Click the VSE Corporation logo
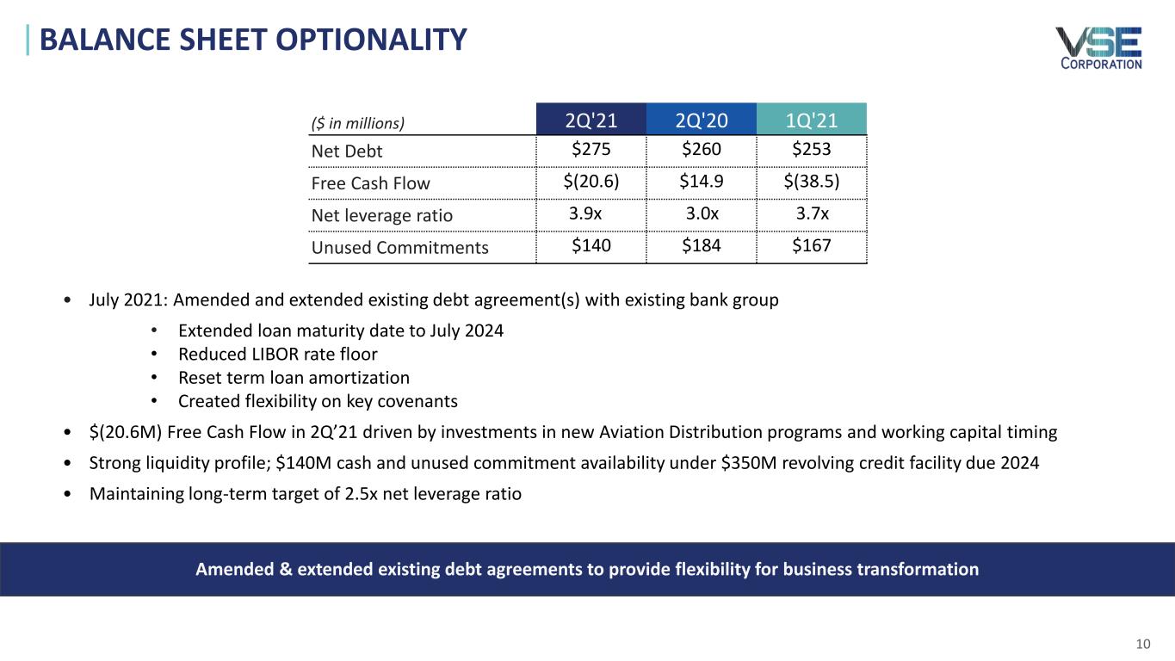[x=1098, y=48]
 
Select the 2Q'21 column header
[x=591, y=120]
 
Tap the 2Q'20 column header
[x=701, y=120]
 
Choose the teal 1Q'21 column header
[x=811, y=120]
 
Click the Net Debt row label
[x=346, y=151]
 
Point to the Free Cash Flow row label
[x=370, y=183]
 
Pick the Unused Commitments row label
[x=399, y=248]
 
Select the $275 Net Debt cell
[x=591, y=150]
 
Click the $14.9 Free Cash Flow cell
[x=701, y=182]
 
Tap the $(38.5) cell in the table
[x=811, y=182]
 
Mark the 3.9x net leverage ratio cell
[x=586, y=214]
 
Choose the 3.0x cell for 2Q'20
[x=701, y=214]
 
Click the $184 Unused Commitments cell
[x=701, y=246]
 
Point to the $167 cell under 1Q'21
[x=811, y=246]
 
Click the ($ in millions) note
[x=357, y=122]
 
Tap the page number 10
[x=1143, y=645]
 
